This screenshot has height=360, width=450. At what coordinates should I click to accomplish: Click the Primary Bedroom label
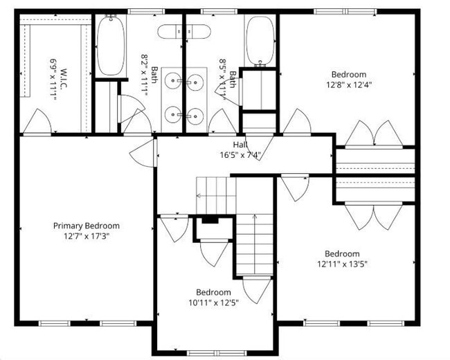point(87,226)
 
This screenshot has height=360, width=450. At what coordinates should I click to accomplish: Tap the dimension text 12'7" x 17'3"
point(87,235)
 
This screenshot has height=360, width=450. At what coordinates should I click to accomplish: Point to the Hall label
point(240,145)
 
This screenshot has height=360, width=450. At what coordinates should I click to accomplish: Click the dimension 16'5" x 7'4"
point(240,154)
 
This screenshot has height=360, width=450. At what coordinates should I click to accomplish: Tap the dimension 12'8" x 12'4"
point(348,84)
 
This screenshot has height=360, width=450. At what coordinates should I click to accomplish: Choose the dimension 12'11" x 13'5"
point(342,264)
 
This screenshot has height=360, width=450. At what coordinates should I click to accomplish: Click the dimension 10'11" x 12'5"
point(213,302)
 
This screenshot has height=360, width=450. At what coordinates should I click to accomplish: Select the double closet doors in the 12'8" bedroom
point(375,134)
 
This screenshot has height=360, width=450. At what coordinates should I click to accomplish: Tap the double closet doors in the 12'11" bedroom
point(375,216)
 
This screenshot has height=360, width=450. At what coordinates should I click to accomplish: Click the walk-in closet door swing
point(36,123)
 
